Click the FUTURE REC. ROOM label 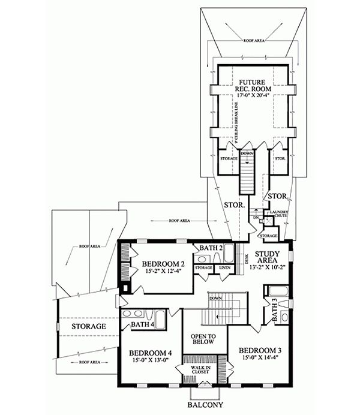[x=252, y=85]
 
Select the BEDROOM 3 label [x=259, y=350]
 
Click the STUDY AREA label [x=265, y=257]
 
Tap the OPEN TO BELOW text [x=203, y=338]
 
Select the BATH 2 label [x=212, y=248]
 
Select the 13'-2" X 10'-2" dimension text [x=265, y=269]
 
